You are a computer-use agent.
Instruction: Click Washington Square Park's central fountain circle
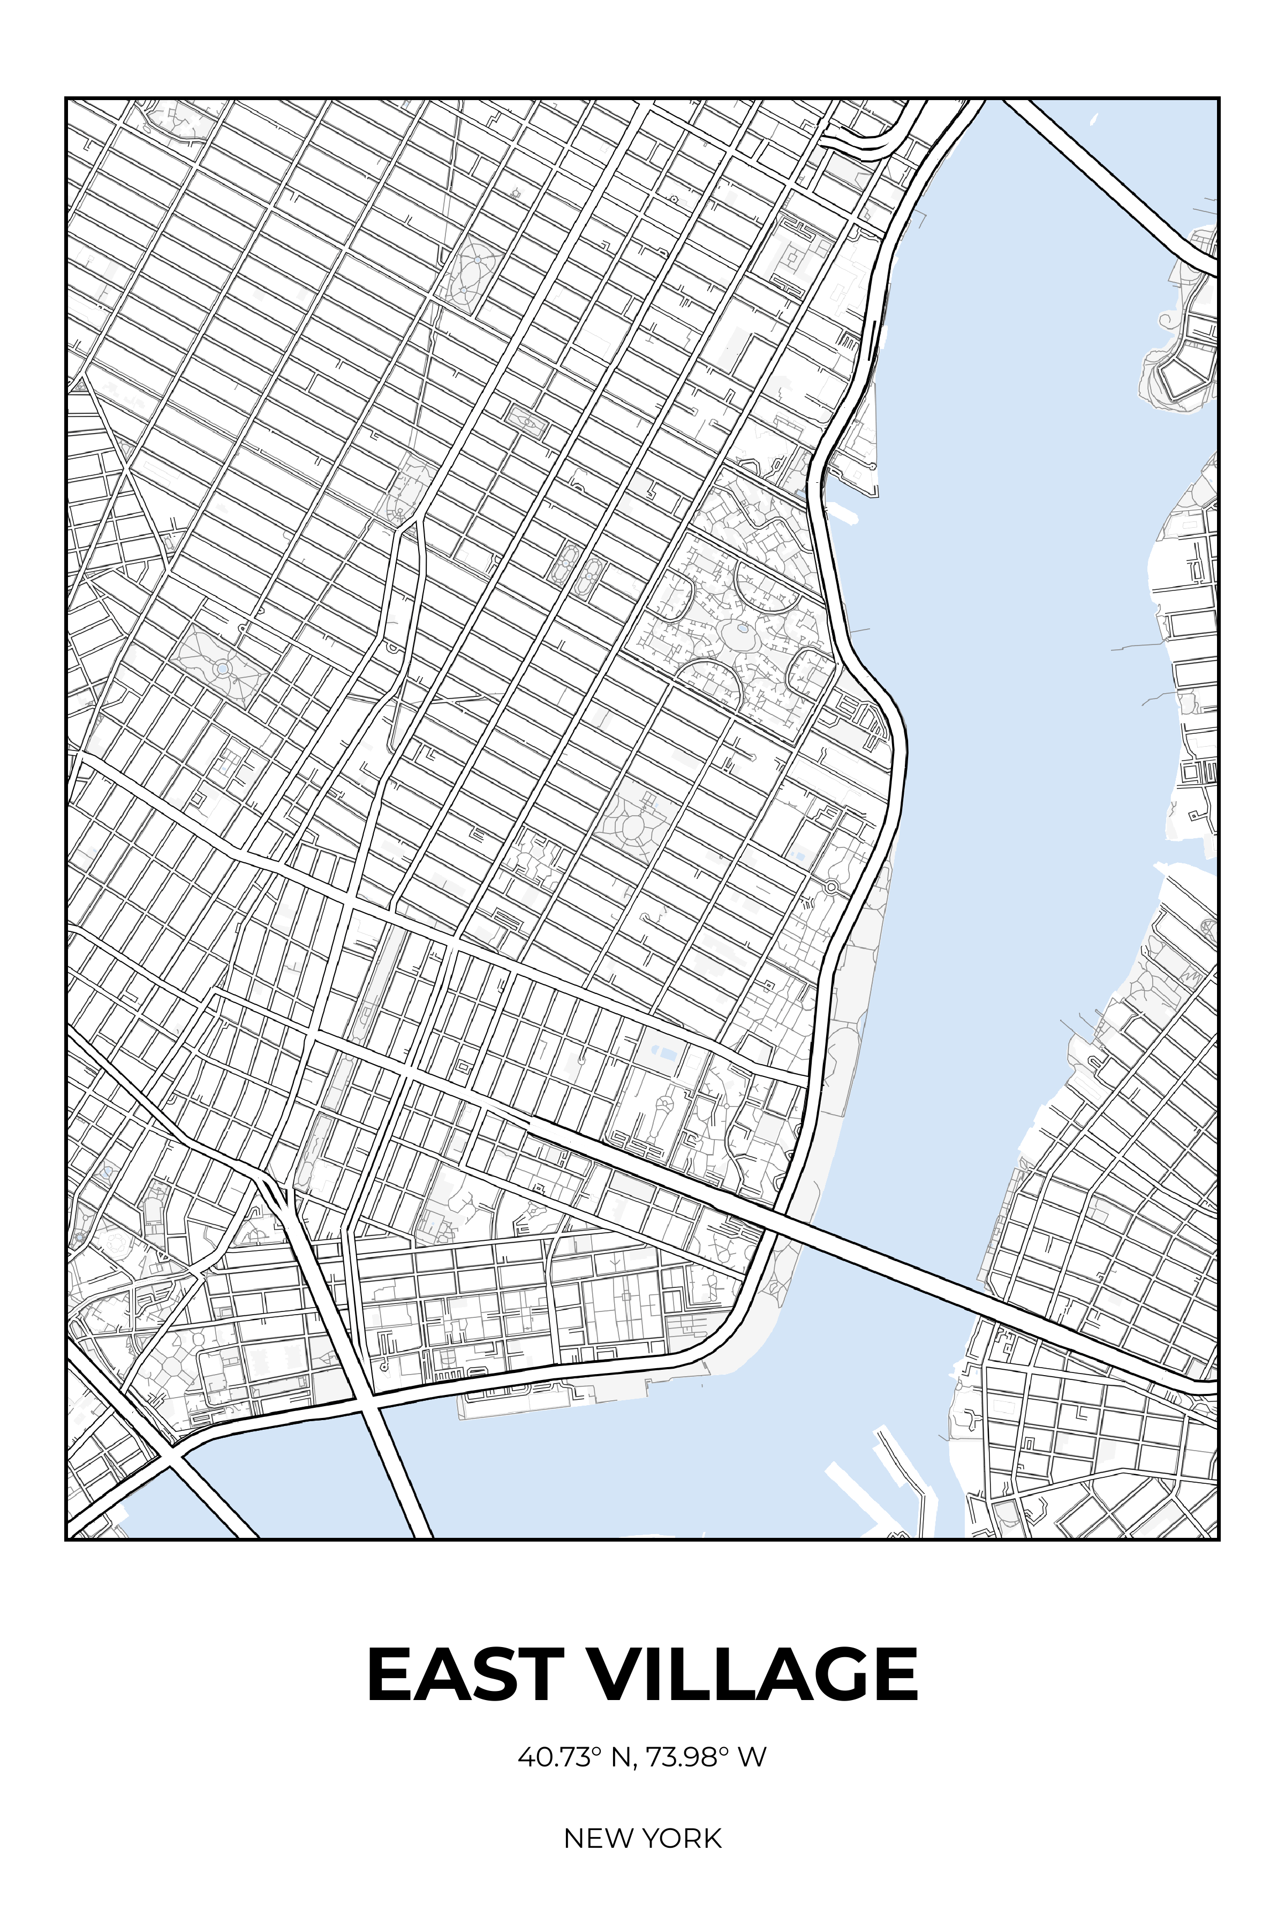pos(222,669)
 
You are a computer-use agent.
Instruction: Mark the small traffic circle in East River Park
pos(831,886)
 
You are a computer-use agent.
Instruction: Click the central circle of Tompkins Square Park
pos(633,828)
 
